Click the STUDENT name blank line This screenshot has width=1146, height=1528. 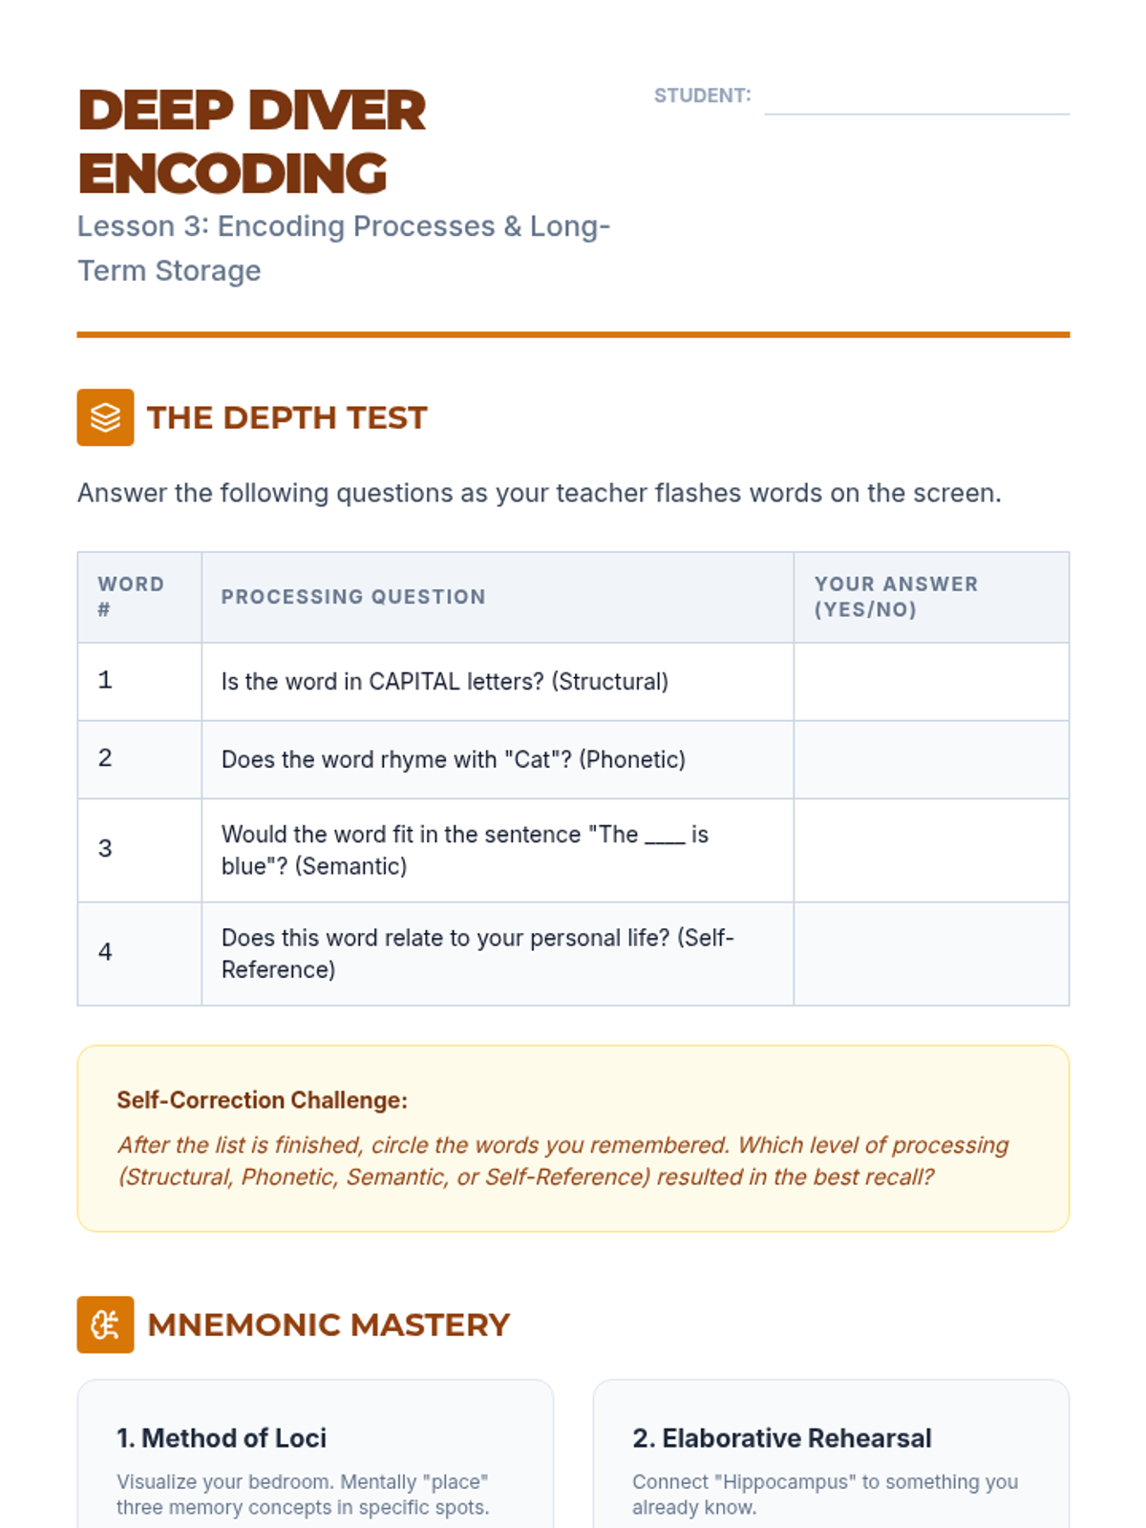[x=917, y=115]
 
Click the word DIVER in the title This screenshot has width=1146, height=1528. [x=337, y=111]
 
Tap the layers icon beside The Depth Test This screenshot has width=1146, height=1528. [x=105, y=417]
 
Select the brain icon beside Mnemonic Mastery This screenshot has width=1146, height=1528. [x=105, y=1324]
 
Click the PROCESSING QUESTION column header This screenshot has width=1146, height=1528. [x=352, y=597]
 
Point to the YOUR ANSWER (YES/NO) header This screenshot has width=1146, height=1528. [x=896, y=597]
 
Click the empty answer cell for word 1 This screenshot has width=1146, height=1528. [x=931, y=682]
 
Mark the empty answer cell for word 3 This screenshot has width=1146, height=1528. [x=931, y=850]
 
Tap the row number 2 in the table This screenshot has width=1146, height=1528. [x=105, y=758]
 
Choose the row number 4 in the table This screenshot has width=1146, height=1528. [x=105, y=951]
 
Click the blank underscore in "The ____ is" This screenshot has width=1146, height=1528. [x=666, y=842]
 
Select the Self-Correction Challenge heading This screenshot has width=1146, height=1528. [x=263, y=1100]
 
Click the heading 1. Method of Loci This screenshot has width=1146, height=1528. [x=222, y=1438]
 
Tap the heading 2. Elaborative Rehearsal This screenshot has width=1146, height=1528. [x=781, y=1438]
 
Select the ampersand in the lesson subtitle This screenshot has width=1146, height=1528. [x=512, y=226]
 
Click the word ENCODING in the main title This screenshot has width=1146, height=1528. [x=232, y=174]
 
